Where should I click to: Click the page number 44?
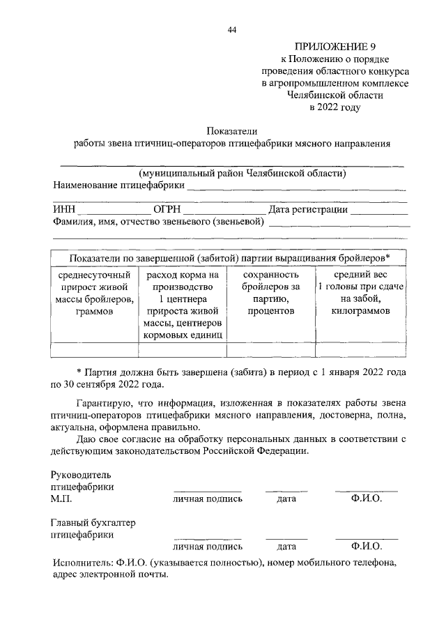[232, 29]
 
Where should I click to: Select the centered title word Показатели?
[232, 130]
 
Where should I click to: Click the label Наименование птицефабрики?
[118, 185]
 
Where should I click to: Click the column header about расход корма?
[183, 305]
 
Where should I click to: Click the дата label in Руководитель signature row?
[286, 499]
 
